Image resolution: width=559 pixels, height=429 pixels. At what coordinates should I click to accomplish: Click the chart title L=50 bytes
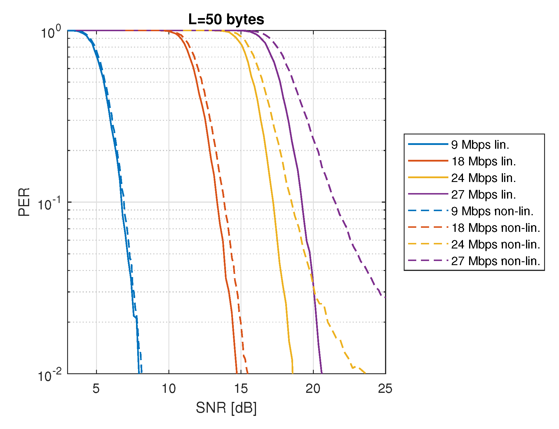[226, 20]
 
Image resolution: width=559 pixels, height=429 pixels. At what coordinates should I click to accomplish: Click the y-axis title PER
[24, 202]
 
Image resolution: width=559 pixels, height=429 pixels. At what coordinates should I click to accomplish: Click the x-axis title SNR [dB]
[226, 407]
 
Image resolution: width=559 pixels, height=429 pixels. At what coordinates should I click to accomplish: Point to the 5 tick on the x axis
[96, 389]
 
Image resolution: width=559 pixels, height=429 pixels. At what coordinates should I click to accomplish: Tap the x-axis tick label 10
[169, 389]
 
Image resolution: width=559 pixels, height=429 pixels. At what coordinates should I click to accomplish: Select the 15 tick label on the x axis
[241, 389]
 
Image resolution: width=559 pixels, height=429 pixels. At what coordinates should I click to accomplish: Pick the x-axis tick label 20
[313, 389]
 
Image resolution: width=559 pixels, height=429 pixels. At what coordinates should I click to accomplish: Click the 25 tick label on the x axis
[385, 389]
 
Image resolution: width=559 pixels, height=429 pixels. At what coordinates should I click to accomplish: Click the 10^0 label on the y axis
[50, 32]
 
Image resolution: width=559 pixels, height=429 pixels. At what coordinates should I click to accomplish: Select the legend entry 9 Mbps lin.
[480, 145]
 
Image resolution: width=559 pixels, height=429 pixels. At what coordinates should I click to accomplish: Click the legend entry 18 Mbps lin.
[483, 161]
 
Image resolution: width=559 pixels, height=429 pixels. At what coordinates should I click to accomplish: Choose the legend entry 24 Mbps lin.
[483, 178]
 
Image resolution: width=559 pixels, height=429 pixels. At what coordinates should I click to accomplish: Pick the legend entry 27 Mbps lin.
[483, 195]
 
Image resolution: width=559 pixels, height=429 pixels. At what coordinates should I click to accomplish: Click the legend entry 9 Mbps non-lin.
[492, 211]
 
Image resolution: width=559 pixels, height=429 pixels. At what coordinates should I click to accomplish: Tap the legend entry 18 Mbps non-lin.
[496, 228]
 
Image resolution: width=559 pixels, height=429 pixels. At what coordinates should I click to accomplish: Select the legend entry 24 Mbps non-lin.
[496, 244]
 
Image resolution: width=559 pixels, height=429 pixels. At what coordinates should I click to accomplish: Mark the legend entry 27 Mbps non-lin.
[496, 261]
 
